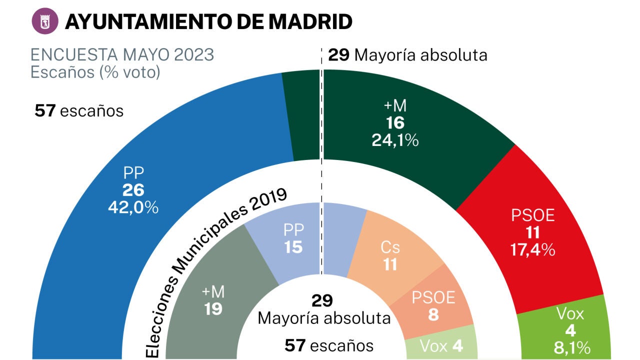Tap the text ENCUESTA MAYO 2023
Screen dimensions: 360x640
click(122, 54)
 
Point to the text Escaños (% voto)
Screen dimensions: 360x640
click(95, 72)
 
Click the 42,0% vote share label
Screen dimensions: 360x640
click(133, 207)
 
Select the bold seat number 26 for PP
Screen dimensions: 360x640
click(133, 190)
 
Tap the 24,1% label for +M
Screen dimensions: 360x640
click(395, 141)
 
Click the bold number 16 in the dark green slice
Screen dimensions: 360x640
click(395, 123)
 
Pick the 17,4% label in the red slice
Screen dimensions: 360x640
click(533, 249)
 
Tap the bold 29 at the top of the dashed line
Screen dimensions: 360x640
click(339, 54)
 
